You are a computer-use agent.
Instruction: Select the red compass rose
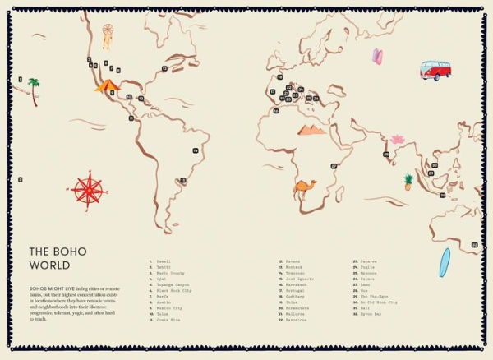pos(89,190)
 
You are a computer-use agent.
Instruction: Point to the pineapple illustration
pos(408,182)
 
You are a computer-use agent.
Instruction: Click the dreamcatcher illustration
pos(107,36)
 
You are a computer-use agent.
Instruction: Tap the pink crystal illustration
pos(377,57)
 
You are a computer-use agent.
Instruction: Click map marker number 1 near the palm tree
pos(19,80)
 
